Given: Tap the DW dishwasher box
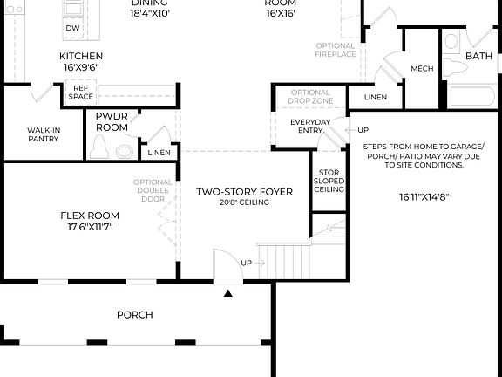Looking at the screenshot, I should point(72,28).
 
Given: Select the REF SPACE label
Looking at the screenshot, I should point(81,92).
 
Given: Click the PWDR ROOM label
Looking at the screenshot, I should point(112,121).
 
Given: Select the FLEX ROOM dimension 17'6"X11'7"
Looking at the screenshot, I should point(89,227).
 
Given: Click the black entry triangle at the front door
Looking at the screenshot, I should point(228,294).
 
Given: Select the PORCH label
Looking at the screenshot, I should point(135,314).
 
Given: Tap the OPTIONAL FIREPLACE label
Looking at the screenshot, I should point(336,50).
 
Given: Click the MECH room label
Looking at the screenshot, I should point(422,68).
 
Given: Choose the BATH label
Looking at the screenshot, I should point(478,56).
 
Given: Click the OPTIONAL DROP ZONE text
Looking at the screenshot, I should point(310,97).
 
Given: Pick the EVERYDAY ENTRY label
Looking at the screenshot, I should point(310,126).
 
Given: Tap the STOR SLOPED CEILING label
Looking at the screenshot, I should point(328,181).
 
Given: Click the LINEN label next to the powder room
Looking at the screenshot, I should point(159,153).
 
